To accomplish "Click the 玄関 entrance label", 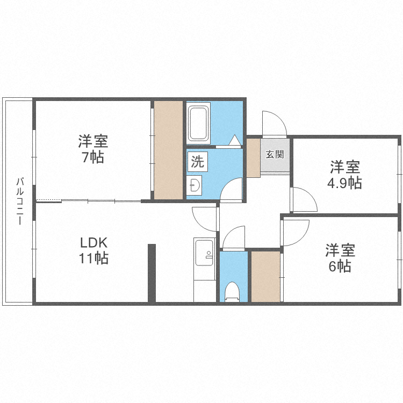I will click(x=275, y=154).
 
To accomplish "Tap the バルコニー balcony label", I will click(x=19, y=201).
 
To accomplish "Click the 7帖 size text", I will click(x=93, y=157).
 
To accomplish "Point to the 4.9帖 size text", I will click(x=344, y=183).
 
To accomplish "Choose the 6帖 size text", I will click(x=340, y=266).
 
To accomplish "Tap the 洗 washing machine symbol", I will click(x=197, y=160).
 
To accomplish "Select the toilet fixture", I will click(x=233, y=290).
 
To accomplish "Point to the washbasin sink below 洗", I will click(x=195, y=185).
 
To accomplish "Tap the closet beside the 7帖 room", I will click(x=168, y=149).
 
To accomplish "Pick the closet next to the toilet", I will click(x=265, y=276).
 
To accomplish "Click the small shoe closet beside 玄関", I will click(x=253, y=157).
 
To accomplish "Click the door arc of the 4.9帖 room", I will click(x=304, y=200).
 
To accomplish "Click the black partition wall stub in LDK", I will click(x=152, y=272).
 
